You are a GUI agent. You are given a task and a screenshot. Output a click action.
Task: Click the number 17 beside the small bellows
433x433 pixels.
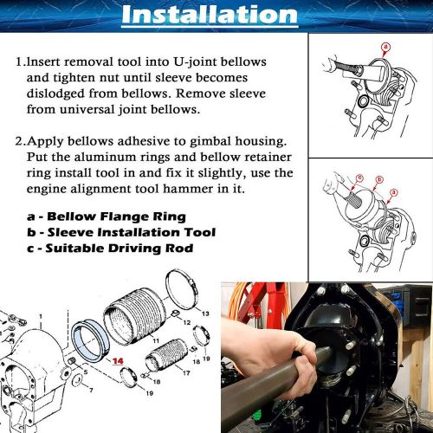(x=184, y=372)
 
